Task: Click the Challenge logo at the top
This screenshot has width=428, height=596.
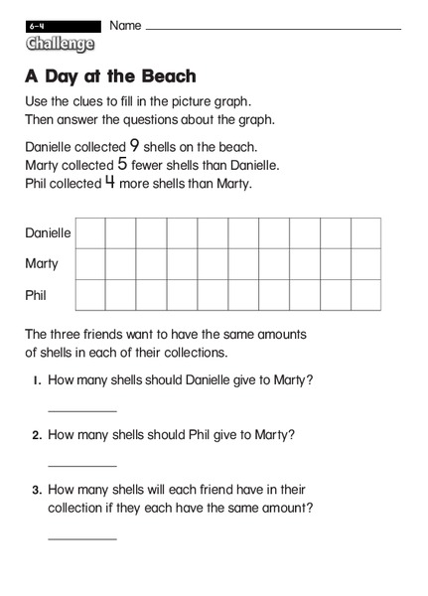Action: (x=61, y=44)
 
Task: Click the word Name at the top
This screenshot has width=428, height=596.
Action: (x=125, y=24)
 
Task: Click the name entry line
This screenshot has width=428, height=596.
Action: (x=273, y=29)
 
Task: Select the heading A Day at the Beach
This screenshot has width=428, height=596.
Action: (x=110, y=75)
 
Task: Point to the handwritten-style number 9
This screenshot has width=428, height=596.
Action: (x=134, y=145)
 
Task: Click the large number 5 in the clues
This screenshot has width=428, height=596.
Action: (x=121, y=164)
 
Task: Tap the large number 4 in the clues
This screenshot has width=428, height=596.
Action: (x=110, y=183)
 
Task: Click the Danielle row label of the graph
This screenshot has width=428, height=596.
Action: (x=48, y=232)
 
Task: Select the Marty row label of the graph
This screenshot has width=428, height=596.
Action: (x=42, y=263)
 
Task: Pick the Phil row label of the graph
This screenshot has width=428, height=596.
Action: (x=36, y=295)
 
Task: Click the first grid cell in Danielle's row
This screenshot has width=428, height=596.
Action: (x=90, y=232)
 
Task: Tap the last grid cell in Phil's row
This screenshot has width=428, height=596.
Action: (x=365, y=295)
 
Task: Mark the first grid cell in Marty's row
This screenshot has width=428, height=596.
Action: (x=90, y=263)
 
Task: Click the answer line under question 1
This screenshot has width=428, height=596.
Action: (x=81, y=410)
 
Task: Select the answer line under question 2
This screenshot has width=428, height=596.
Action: (x=81, y=465)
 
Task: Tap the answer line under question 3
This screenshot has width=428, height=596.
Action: (x=81, y=538)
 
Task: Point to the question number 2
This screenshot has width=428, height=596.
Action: (x=36, y=435)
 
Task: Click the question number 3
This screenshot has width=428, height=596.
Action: (x=36, y=490)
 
